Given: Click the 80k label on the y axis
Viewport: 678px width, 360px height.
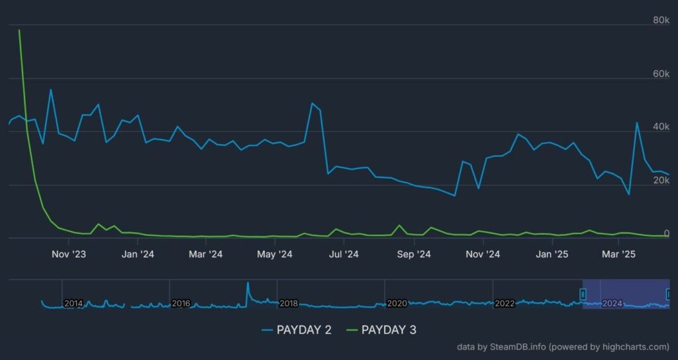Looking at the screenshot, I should [661, 21].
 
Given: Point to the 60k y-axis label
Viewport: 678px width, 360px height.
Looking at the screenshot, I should [661, 73].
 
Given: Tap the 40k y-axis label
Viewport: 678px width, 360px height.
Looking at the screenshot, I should [661, 126].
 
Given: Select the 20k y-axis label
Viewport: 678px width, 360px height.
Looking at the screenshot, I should [661, 180].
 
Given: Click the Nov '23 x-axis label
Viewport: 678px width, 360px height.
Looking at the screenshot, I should [69, 254].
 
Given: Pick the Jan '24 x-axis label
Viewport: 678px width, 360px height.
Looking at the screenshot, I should [138, 254].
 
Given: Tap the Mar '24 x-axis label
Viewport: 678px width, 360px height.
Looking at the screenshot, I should [206, 254].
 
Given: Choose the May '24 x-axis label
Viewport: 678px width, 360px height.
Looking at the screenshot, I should [275, 254].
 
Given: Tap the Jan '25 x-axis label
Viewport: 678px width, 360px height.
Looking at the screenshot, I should [552, 254].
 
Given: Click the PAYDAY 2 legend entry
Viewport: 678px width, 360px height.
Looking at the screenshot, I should [296, 330].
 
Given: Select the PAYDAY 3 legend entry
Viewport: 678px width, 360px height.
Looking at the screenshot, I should [381, 330].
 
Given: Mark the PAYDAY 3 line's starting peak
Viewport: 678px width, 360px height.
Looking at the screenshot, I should [19, 30].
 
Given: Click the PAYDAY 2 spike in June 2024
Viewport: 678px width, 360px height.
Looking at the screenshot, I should [312, 103].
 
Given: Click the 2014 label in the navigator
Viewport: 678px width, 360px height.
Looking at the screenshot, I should [73, 303].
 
